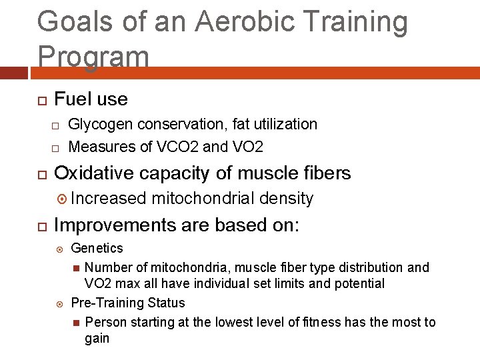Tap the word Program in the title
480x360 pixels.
93,57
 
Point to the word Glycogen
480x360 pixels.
98,125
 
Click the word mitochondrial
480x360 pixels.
203,199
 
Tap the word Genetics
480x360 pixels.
97,249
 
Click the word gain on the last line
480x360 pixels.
97,339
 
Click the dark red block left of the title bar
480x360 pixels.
15,72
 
